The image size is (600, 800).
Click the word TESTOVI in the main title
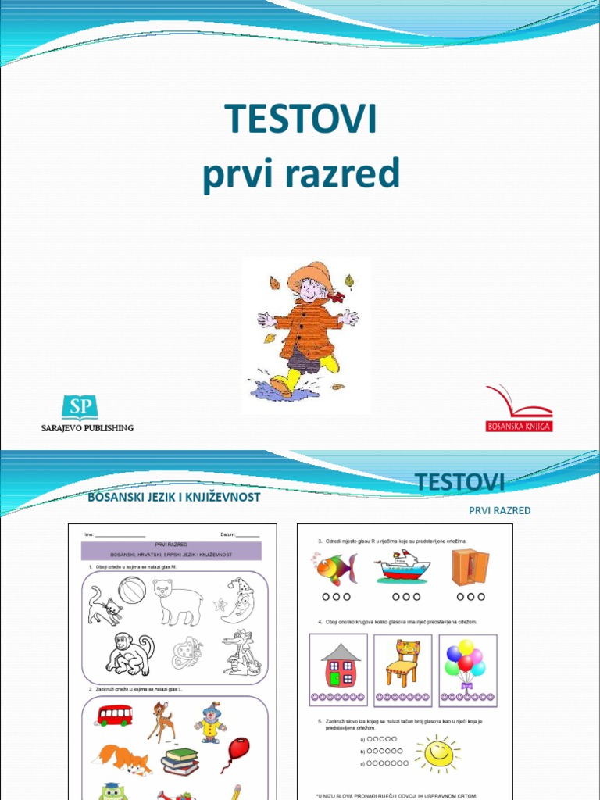click(301, 119)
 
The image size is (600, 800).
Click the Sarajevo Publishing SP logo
click(80, 407)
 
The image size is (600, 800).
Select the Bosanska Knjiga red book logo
click(519, 406)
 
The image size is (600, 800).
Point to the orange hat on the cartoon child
click(310, 275)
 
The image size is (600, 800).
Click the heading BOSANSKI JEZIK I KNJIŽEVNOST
click(174, 497)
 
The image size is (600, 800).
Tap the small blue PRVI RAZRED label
click(499, 510)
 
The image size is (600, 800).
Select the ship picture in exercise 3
click(402, 567)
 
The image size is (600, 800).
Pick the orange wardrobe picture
click(470, 567)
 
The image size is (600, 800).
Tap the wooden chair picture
click(403, 663)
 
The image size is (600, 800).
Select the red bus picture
click(114, 715)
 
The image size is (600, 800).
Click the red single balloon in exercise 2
click(237, 752)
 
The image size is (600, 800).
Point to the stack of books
click(180, 761)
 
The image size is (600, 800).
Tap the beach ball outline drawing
click(132, 591)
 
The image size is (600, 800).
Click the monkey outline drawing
click(129, 654)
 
